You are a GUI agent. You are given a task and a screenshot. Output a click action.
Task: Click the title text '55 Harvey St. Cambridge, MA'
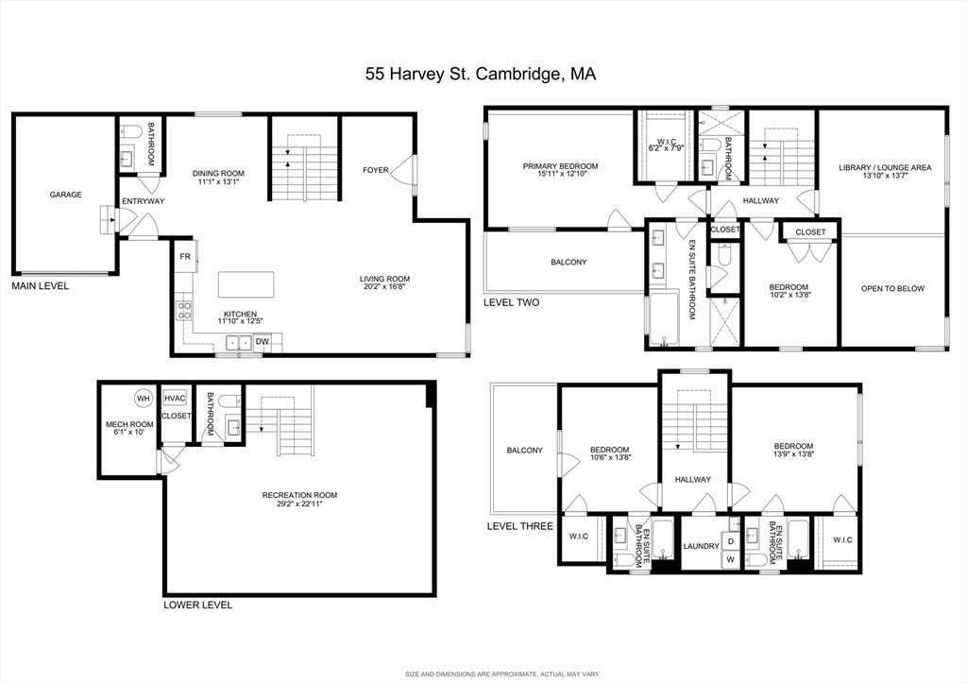point(481,73)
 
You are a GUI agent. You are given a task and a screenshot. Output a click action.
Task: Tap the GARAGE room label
point(66,195)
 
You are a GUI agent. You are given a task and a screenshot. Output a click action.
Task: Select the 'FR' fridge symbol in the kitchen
point(184,256)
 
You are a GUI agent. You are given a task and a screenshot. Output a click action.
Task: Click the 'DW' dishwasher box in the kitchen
point(261,341)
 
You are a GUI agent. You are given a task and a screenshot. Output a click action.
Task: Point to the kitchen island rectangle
point(246,284)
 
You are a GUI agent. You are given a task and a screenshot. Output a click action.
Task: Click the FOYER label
point(376,171)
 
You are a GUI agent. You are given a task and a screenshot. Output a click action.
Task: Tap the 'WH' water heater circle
point(143,398)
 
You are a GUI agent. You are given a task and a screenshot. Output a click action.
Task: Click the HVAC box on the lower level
point(175,399)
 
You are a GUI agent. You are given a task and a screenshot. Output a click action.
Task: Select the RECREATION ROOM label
point(299,495)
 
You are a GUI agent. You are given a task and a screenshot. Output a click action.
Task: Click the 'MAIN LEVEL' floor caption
point(40,285)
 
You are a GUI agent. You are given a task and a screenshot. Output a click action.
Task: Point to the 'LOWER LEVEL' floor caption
point(197,606)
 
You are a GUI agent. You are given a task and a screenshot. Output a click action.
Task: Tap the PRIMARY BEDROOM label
point(560,166)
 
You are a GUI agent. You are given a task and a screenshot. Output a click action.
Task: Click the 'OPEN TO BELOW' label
point(892,289)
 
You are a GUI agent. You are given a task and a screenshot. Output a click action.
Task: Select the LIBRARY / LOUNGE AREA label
point(885,167)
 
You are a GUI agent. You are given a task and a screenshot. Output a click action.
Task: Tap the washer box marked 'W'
point(730,559)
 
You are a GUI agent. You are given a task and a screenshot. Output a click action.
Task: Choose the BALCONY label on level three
point(524,451)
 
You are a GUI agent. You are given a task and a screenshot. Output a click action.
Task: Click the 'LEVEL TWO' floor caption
point(511,303)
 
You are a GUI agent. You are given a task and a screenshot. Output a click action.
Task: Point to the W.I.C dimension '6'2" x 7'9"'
point(666,148)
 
